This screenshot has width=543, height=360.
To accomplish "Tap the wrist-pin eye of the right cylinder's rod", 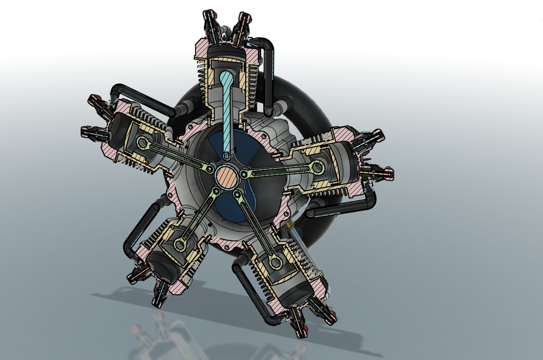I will (317, 167).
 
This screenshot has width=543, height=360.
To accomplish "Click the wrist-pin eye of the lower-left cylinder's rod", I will (180, 245).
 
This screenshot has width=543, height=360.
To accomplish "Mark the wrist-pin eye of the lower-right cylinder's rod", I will (275, 262).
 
